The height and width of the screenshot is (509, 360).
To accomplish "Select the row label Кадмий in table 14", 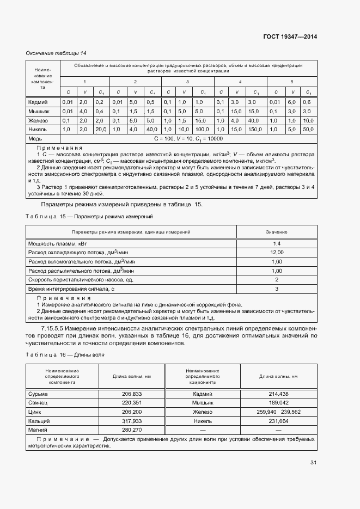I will coord(38,102).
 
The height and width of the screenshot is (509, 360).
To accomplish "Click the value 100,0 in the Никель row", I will coord(203,130).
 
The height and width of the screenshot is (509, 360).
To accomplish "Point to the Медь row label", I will coord(35,139).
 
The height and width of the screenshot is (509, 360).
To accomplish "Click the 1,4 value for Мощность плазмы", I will coord(277,243).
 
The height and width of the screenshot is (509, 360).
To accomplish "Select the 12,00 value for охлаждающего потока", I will coord(277,253).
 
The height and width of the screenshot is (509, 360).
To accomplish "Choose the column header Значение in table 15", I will coord(277,232).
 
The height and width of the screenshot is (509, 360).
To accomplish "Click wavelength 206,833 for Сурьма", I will coord(132,394).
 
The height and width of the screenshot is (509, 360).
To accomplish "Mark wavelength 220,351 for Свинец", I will coord(132,403).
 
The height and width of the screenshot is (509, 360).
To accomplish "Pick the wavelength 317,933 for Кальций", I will coord(132,421).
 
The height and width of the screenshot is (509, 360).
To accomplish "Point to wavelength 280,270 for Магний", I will coord(132,430).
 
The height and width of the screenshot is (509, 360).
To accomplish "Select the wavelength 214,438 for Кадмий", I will coord(278,394).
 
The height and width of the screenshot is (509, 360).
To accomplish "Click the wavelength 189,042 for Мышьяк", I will coord(278,403).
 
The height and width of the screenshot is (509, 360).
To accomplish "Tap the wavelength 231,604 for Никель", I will coord(278,421).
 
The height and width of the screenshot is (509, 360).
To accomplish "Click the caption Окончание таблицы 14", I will coord(56,53).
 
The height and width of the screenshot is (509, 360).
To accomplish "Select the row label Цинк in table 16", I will coord(34,412).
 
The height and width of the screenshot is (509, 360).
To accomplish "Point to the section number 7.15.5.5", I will coord(54,329).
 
